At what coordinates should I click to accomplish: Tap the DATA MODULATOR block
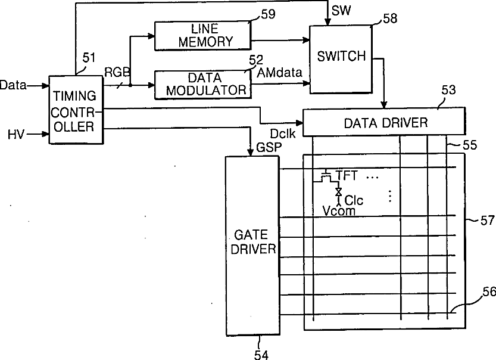[x=201, y=84]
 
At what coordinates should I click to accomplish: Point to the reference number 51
[x=89, y=57]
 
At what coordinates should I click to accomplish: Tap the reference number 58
[x=390, y=18]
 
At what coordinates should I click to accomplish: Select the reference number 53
[x=448, y=90]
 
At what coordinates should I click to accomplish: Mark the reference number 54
[x=261, y=355]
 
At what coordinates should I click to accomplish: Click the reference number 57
[x=487, y=221]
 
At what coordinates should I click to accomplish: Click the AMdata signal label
[x=281, y=72]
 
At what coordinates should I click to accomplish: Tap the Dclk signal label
[x=280, y=135]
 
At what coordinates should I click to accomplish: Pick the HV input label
[x=17, y=135]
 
